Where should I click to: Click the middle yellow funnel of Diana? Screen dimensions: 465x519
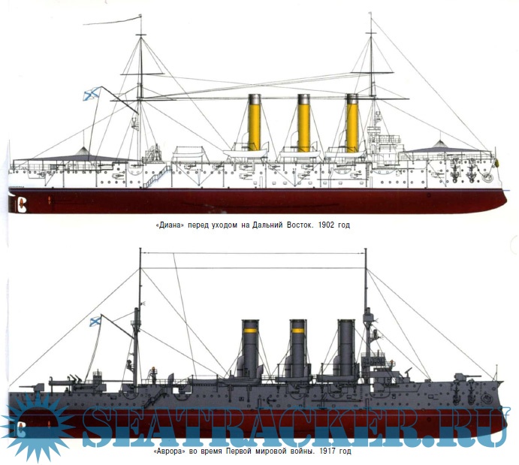click(303, 124)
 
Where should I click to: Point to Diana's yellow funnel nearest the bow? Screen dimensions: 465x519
click(352, 124)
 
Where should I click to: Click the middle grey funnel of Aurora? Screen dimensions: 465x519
click(297, 349)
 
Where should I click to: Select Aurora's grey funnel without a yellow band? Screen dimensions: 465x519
click(345, 349)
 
